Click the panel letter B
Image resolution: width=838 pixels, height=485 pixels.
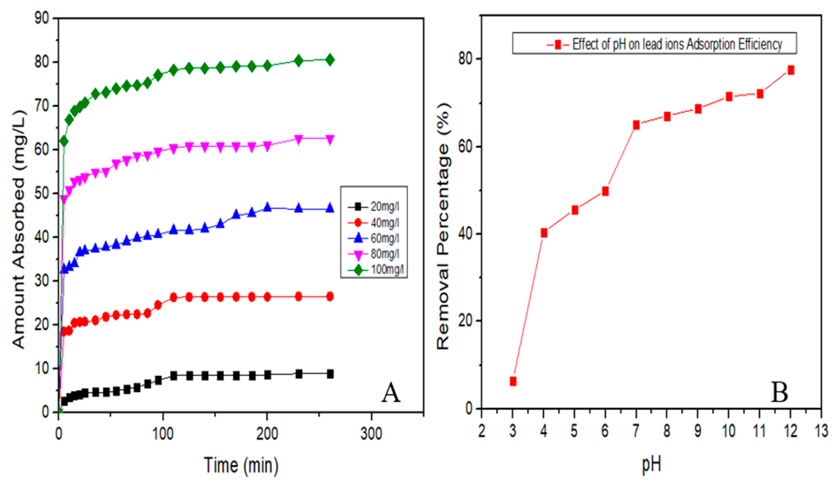pos(779,392)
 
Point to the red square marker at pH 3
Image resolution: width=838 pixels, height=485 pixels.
pos(513,381)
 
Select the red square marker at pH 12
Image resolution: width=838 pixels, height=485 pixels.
pos(791,70)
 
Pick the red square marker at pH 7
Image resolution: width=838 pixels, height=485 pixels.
pos(636,125)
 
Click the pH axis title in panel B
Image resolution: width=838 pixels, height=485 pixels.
pos(651,464)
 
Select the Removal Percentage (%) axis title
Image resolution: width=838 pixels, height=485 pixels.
pos(443,226)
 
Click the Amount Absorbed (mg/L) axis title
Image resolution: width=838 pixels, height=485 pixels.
pos(19,229)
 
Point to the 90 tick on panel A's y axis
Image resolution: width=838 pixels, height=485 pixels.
pos(42,18)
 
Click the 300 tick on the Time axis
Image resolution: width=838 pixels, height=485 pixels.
pos(371,434)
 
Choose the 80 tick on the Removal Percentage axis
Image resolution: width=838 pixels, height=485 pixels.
pos(465,59)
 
